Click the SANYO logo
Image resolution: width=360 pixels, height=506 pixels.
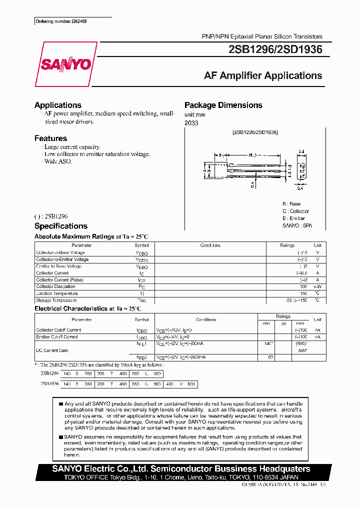pos(65,64)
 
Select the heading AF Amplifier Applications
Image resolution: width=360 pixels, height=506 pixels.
pos(263,76)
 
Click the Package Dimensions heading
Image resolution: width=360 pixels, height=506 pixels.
pos(223,105)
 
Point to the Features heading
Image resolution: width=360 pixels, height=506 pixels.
pos(50,138)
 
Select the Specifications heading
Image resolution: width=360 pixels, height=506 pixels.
pos(60,226)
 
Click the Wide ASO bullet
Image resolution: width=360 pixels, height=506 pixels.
pos(57,161)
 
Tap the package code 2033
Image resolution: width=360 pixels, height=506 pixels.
pos(191,123)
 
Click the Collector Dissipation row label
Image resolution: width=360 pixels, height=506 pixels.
pos(55,286)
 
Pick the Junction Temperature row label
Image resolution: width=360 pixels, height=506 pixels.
pos(57,293)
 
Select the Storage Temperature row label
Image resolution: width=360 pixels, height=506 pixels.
pos(56,300)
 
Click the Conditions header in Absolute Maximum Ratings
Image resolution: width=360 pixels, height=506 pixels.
pos(210,245)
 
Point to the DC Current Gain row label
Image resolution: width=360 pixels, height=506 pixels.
pos(52,350)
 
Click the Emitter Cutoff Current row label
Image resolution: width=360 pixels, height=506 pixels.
pos(56,337)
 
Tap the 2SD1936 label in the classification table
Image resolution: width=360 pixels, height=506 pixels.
pos(49,383)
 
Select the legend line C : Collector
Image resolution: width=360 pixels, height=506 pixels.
pos(295,211)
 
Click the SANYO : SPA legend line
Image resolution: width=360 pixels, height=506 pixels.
pos(297,225)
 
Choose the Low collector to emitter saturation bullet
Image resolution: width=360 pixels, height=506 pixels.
pos(97,154)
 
